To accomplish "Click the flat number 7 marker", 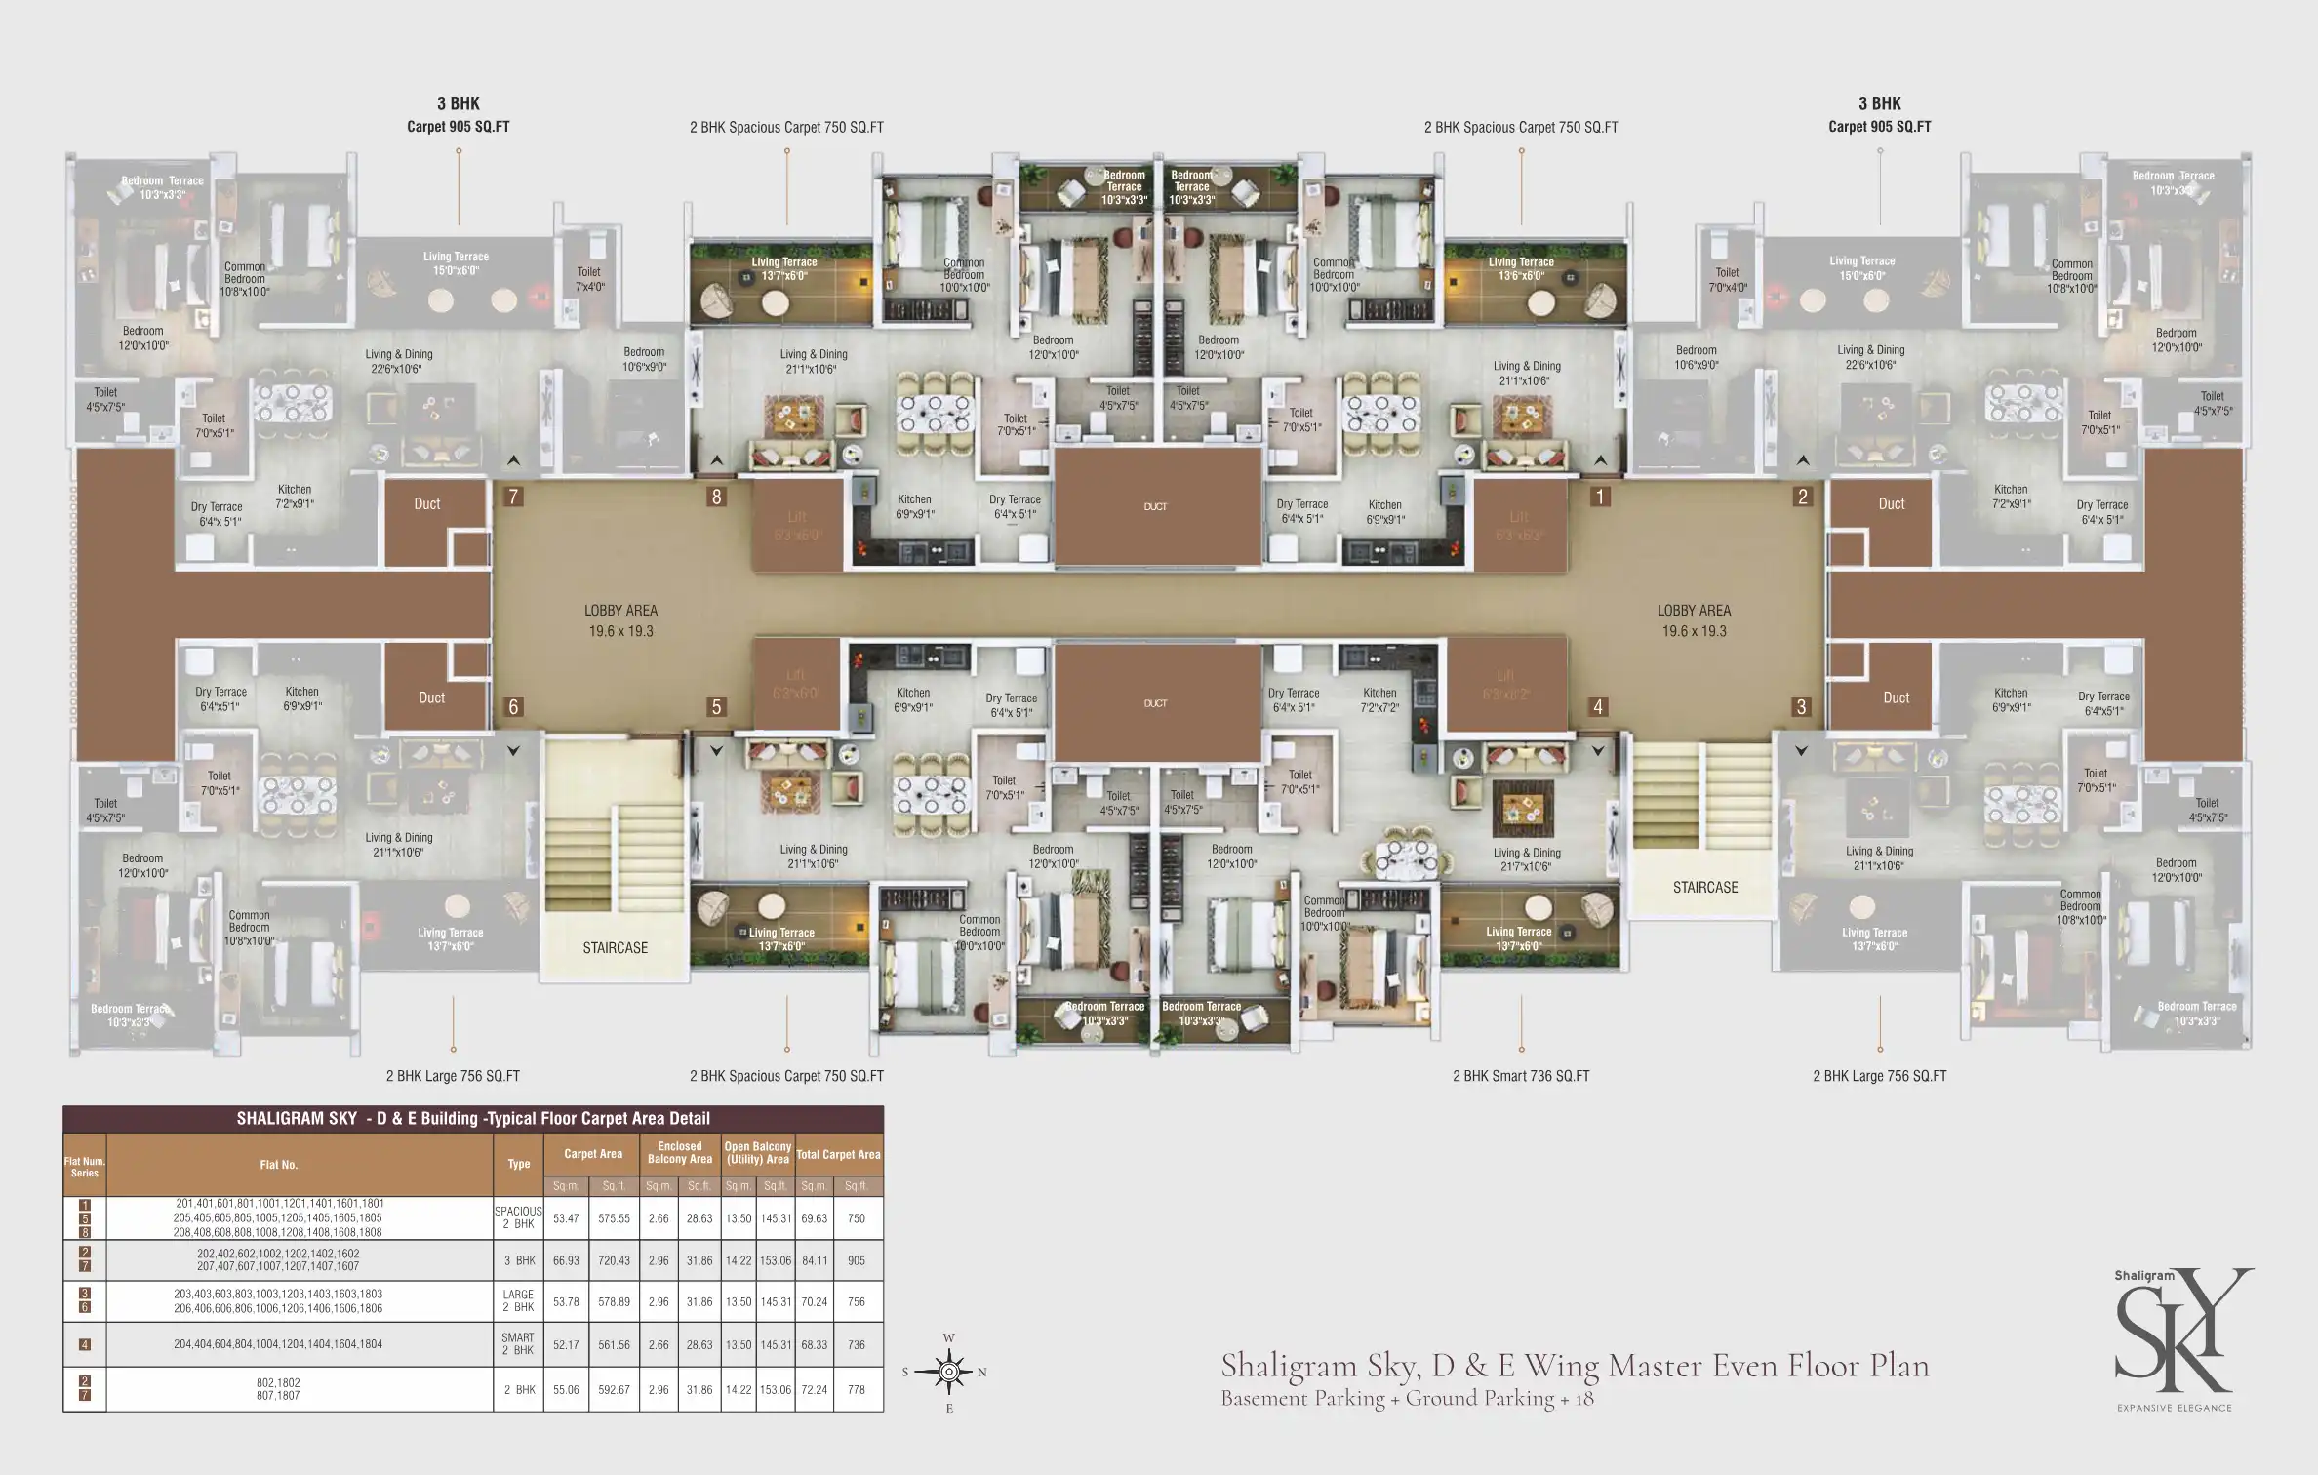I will [513, 497].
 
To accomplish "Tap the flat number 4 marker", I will [1598, 706].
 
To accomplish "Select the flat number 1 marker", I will [1599, 497].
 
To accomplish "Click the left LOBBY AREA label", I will [620, 620].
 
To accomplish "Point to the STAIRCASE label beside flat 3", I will [1704, 887].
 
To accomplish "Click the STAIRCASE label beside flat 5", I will [615, 947].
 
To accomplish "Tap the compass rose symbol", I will [949, 1372].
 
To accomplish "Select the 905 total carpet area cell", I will [856, 1260].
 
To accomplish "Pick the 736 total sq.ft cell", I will [856, 1344].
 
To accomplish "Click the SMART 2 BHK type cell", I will [518, 1344].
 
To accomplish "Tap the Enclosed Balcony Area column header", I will [679, 1153].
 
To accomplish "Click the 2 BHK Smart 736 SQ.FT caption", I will [1520, 1076].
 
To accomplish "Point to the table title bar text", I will [473, 1119].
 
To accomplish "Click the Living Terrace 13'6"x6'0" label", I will [1520, 268].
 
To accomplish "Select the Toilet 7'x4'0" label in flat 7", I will [589, 279].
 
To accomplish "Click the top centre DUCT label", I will [1155, 506].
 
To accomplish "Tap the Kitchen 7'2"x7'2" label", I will [1379, 699].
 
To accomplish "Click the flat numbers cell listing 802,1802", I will [278, 1389].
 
